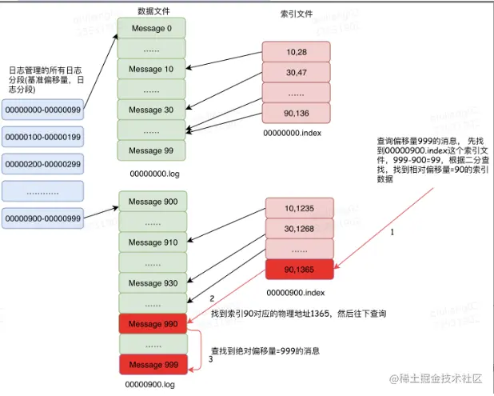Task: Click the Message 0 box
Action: pos(151,29)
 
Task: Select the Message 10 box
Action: pos(151,70)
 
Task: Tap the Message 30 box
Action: pos(151,110)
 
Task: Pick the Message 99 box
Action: pos(151,150)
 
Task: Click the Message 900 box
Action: pos(152,201)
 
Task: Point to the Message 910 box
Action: pos(152,242)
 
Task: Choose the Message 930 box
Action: pos(152,282)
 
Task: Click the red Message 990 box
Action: pos(152,323)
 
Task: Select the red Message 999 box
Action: pos(152,364)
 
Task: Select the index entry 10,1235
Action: pos(297,209)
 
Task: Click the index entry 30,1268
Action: pos(297,229)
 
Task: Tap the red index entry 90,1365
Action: pos(297,270)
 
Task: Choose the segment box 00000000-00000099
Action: pos(42,110)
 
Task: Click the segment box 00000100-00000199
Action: pos(42,138)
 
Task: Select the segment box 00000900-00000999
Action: pos(42,218)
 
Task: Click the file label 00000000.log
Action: pos(151,172)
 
